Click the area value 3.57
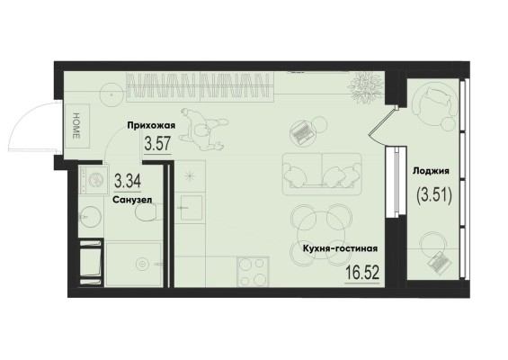click(x=157, y=144)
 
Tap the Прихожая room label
click(x=151, y=125)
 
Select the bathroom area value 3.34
click(x=128, y=181)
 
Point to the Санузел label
click(x=132, y=200)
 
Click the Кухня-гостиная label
click(x=340, y=248)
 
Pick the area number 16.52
click(x=361, y=273)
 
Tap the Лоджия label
click(x=431, y=171)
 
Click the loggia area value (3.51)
click(x=433, y=195)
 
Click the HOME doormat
click(x=76, y=126)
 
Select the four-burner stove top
click(x=253, y=272)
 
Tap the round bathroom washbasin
click(x=91, y=216)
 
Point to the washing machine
click(x=94, y=180)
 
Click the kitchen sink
click(x=192, y=208)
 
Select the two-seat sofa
click(x=322, y=174)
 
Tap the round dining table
click(x=321, y=233)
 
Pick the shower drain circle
click(x=142, y=264)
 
